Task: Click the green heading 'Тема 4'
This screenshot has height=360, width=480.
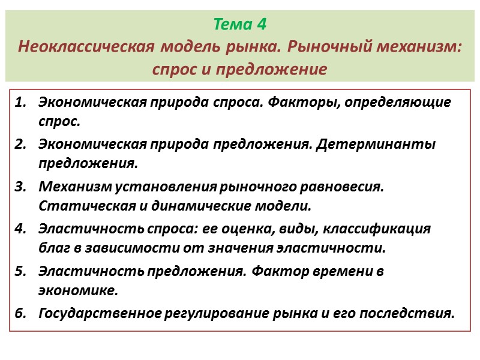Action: [239, 25]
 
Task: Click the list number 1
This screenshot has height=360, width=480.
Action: [20, 102]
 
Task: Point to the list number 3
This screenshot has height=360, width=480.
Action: [20, 187]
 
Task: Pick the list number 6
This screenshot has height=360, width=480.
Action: [20, 313]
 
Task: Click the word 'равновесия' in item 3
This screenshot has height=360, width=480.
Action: [345, 187]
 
